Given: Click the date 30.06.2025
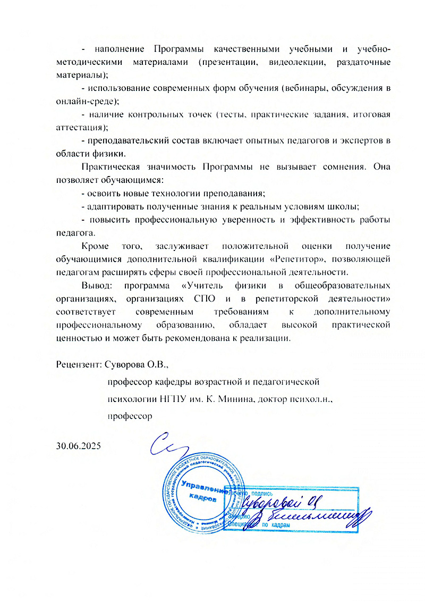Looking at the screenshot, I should [79, 445].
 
